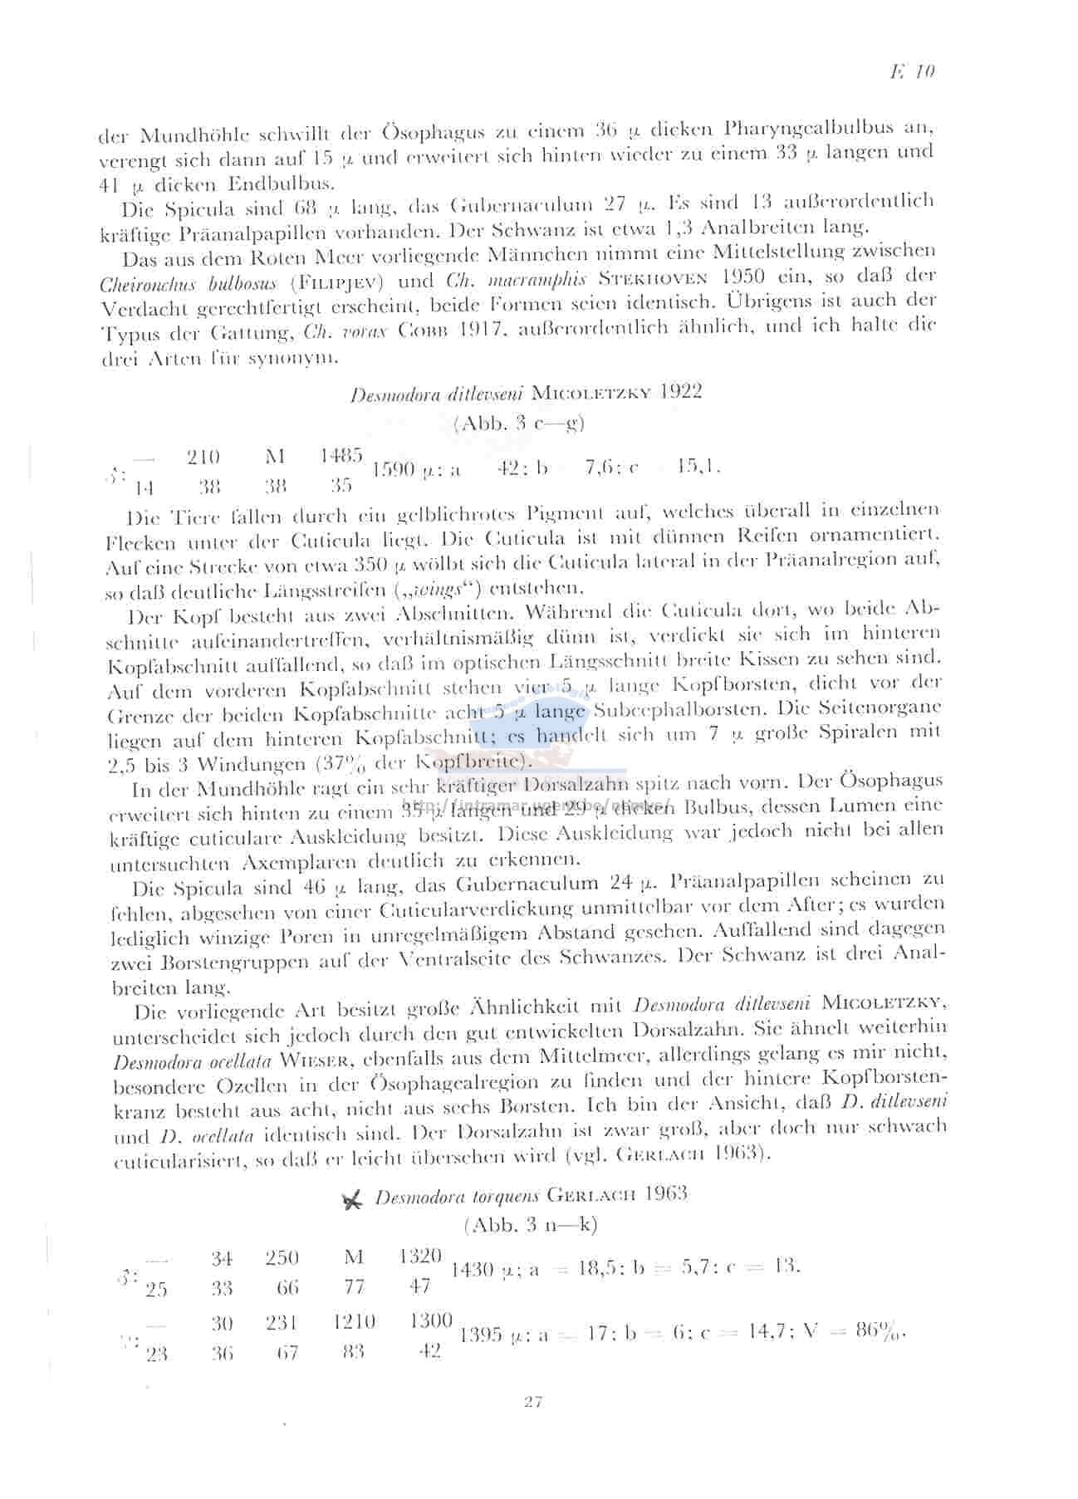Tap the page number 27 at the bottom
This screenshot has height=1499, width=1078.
coord(533,1402)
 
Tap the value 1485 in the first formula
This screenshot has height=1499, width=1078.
coord(341,456)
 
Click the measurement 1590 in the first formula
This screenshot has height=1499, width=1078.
coord(393,470)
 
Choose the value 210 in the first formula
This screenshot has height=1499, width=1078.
coord(203,457)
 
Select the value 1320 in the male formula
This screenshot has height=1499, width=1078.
coord(420,1257)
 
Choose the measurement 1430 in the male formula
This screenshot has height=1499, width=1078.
coord(475,1270)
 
